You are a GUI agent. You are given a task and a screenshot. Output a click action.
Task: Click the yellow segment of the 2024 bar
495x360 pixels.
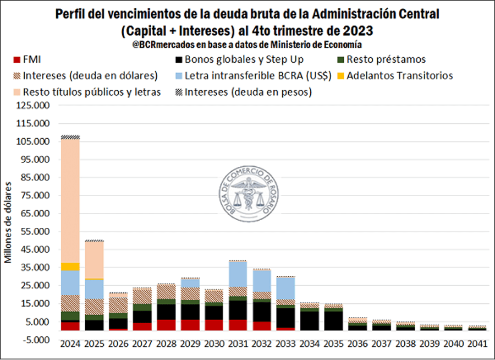[x=70, y=266]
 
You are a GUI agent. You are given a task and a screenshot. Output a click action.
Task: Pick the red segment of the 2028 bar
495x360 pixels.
[x=166, y=325]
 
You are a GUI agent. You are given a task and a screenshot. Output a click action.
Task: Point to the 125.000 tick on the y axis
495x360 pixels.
[x=34, y=105]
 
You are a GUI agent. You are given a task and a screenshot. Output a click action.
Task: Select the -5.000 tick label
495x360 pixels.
[x=36, y=339]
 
